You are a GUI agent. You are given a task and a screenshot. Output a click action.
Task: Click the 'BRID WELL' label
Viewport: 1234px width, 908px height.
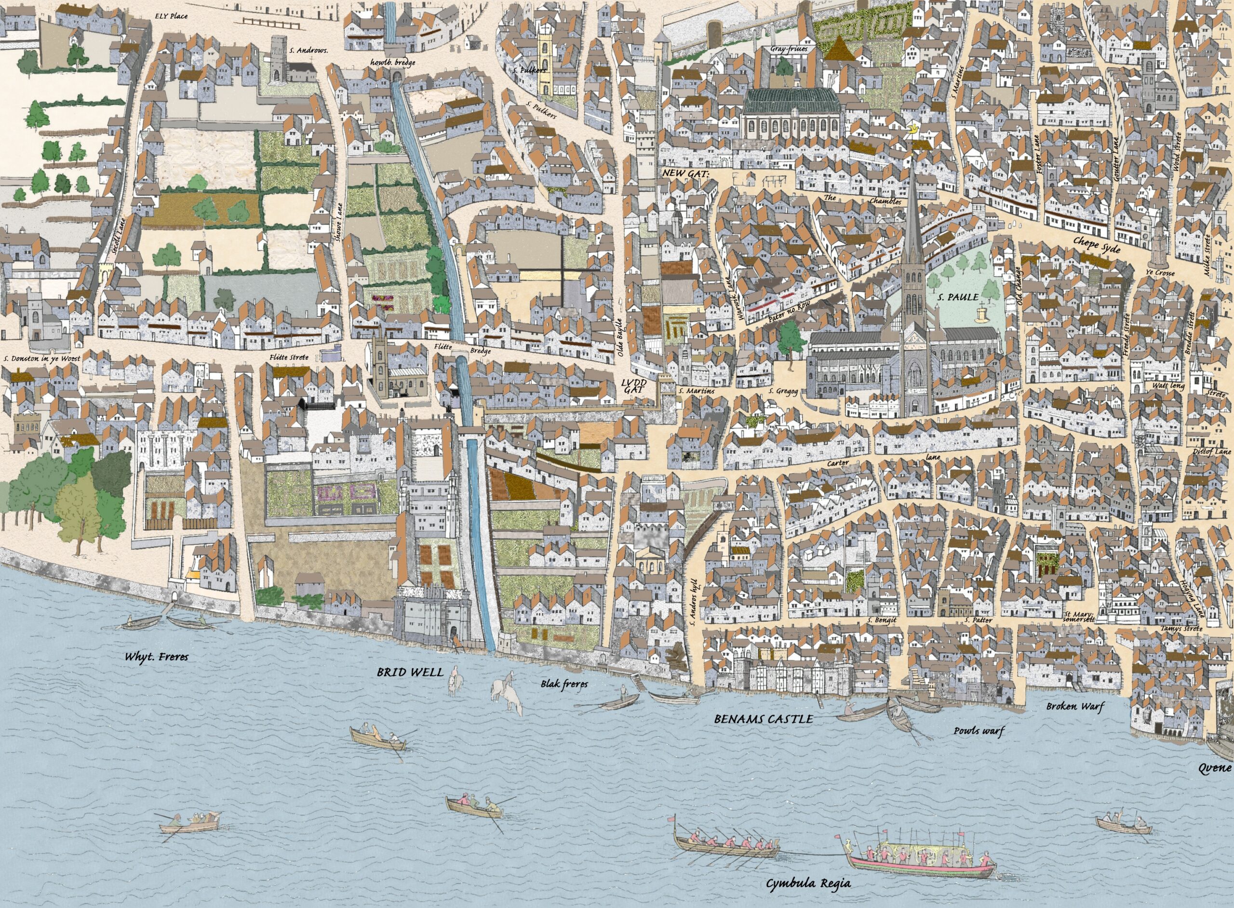[x=410, y=671]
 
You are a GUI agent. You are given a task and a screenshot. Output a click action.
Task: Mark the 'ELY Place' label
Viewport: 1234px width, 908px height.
[x=172, y=16]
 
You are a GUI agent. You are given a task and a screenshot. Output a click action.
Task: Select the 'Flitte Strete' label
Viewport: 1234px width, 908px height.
[x=289, y=358]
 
